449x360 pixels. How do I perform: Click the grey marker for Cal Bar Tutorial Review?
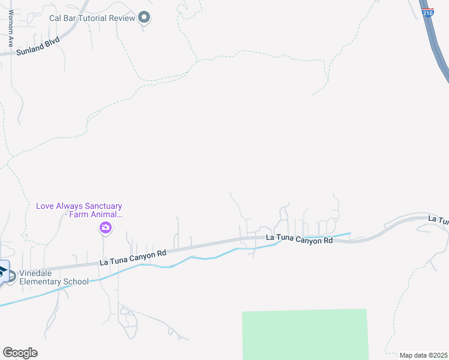click(x=143, y=17)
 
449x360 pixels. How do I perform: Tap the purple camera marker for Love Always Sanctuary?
click(x=106, y=227)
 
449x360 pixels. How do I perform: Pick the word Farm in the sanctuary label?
click(x=79, y=214)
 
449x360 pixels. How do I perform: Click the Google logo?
click(x=20, y=352)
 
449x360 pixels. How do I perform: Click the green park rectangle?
click(x=305, y=334)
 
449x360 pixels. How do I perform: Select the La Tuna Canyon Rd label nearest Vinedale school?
click(x=132, y=259)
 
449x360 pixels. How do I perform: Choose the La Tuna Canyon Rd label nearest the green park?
click(x=299, y=240)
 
